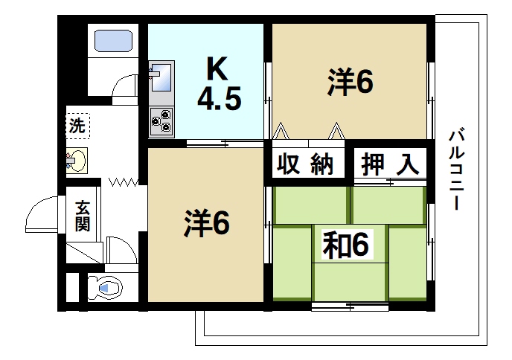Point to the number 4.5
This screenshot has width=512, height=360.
219,98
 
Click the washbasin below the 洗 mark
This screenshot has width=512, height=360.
77,160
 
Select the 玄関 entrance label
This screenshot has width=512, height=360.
81,215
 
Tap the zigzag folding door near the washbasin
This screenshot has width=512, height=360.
124,181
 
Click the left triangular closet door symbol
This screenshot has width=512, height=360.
281,131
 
